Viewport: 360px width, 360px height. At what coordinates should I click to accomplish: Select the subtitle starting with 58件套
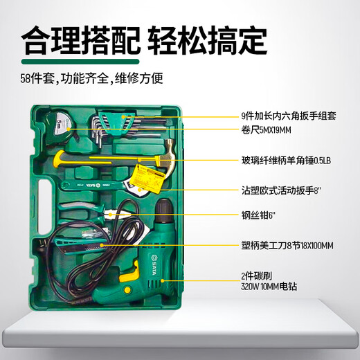(91, 79)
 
